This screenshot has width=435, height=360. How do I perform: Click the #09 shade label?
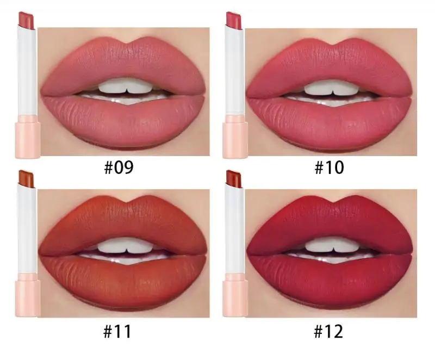pos(119,167)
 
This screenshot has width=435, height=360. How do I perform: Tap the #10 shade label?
pos(330,167)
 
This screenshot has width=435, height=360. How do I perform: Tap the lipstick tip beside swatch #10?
pos(234,18)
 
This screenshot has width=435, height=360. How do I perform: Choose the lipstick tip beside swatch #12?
pos(234,178)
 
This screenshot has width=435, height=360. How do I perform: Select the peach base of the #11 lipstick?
pos(27,296)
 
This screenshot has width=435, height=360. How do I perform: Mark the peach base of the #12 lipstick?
pos(235,296)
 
